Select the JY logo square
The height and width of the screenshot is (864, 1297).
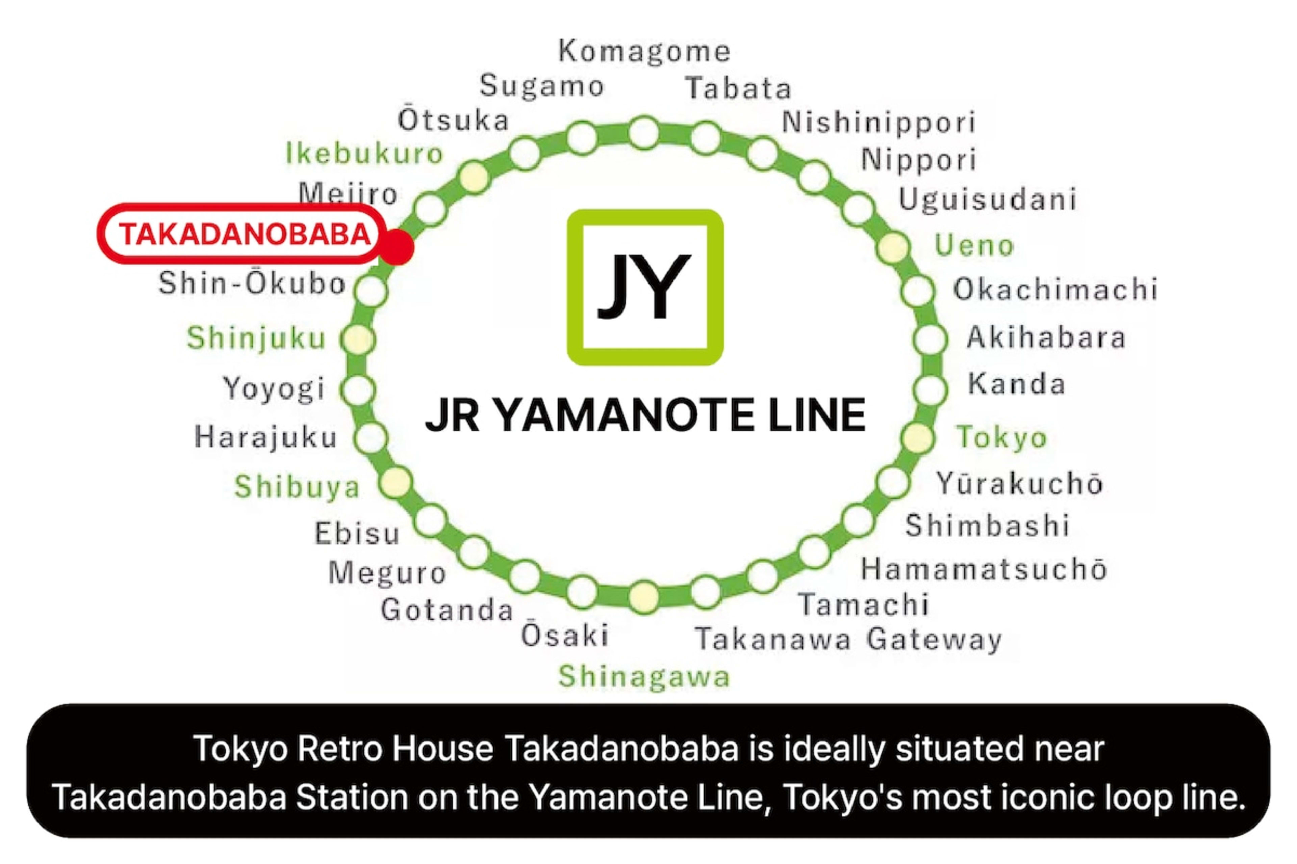click(645, 287)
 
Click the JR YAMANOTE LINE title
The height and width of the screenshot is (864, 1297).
click(645, 415)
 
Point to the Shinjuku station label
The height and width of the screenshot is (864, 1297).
click(256, 338)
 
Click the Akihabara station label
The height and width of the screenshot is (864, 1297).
click(1046, 337)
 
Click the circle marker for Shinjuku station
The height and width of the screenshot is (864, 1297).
click(358, 339)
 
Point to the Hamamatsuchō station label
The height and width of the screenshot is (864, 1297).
click(984, 569)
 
